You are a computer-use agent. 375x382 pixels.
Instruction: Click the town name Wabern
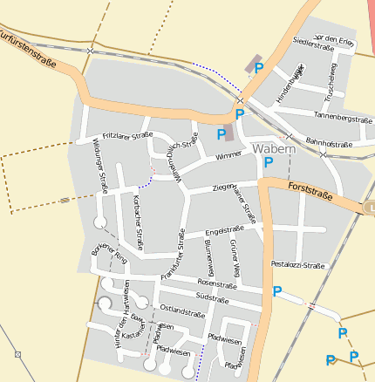click(x=274, y=148)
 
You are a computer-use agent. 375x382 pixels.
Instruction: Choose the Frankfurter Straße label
click(x=172, y=254)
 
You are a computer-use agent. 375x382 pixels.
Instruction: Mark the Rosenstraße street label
click(x=217, y=283)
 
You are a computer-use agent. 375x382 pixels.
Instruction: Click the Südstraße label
click(x=212, y=298)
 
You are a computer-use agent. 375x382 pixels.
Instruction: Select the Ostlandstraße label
click(x=182, y=310)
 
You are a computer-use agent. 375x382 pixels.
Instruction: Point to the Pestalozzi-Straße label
click(x=298, y=263)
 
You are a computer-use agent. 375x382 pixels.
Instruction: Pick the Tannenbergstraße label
click(x=343, y=117)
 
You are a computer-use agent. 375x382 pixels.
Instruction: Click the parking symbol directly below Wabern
click(x=269, y=162)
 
